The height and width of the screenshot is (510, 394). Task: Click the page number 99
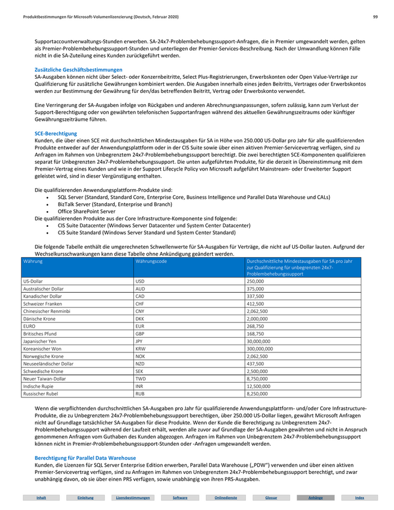coord(375,17)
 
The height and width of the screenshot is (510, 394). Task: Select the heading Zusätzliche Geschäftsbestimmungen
coord(78,69)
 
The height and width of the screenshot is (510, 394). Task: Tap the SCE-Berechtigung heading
coord(56,133)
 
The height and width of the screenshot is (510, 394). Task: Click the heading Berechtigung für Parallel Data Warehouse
coord(85,458)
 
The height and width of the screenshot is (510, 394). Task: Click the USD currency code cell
coord(140,280)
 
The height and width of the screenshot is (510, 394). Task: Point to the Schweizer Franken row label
coord(42,303)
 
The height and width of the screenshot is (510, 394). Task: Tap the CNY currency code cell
coord(140,311)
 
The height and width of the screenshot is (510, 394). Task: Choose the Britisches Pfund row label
coord(40,333)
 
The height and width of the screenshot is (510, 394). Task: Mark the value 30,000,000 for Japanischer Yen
coord(258,341)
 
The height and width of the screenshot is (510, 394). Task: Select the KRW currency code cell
coord(140,348)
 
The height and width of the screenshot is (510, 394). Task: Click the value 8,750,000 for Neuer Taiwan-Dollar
coord(257,379)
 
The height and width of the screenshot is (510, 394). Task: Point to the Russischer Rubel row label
coord(41,394)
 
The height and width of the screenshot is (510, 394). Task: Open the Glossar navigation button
coord(271,498)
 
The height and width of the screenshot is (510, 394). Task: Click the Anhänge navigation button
coord(316,498)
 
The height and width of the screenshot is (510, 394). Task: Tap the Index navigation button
coord(360,498)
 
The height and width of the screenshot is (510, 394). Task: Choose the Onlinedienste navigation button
coord(225,498)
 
